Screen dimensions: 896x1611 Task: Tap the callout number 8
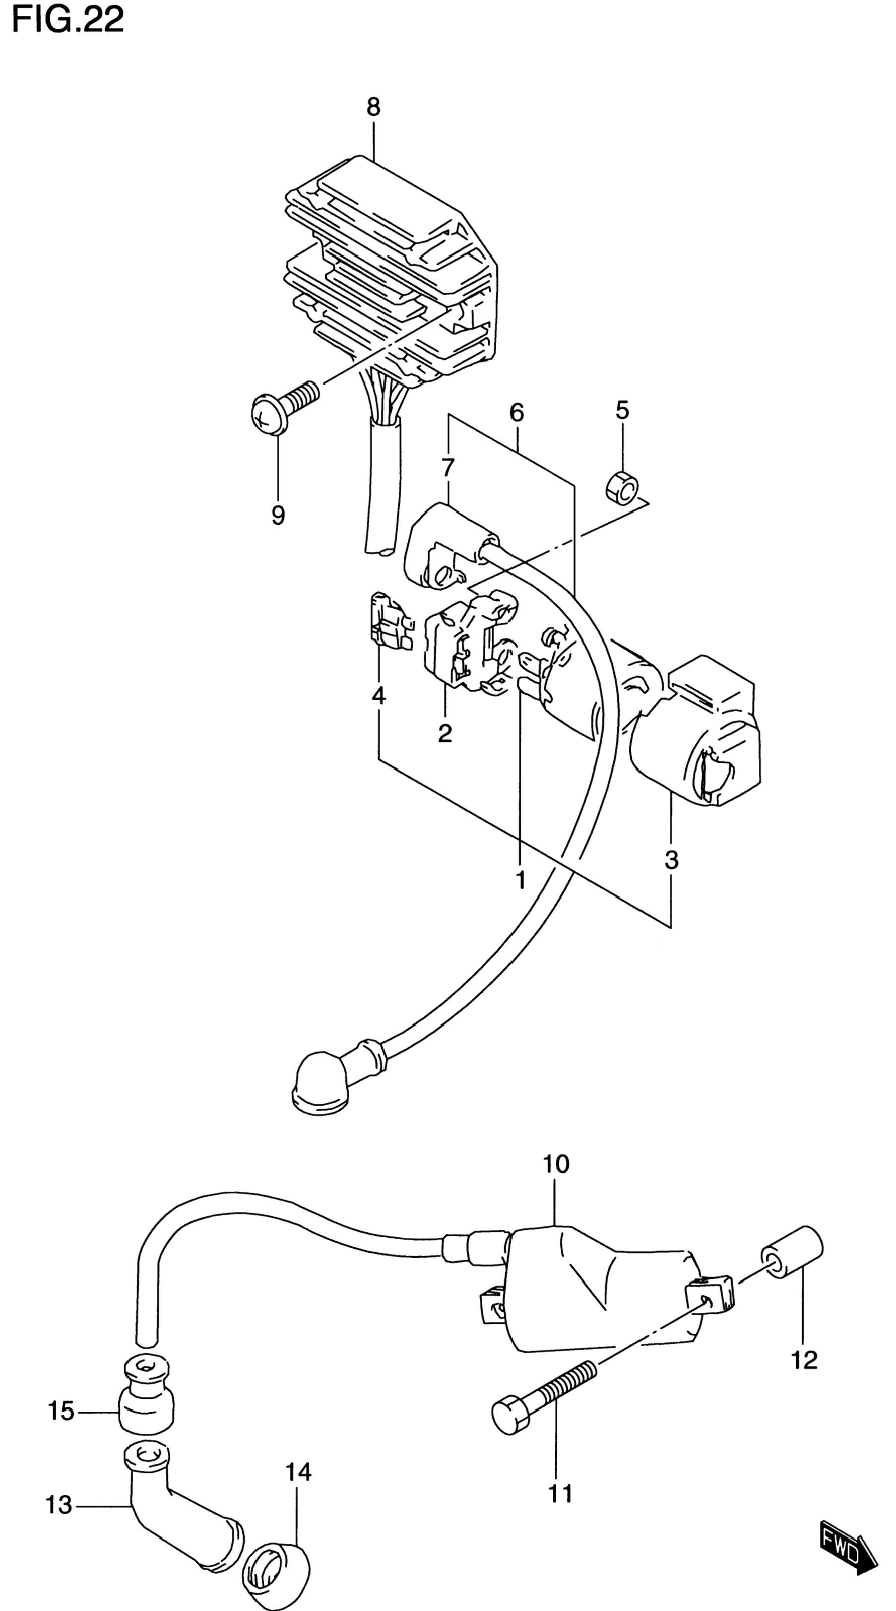(x=373, y=107)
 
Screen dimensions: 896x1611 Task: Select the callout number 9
(x=278, y=515)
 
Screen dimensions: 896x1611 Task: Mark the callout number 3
(x=671, y=861)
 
